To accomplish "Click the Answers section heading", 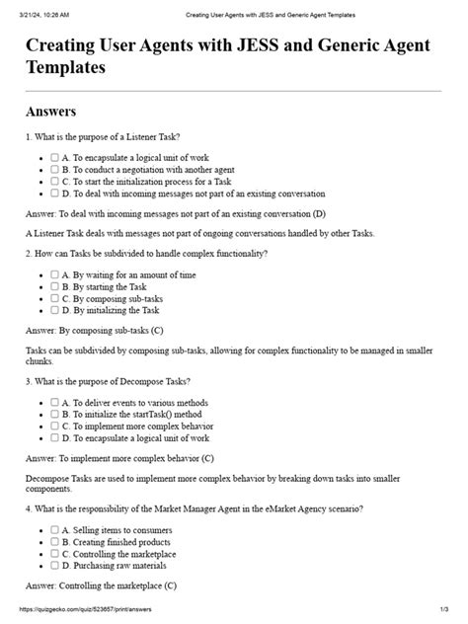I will (51, 111).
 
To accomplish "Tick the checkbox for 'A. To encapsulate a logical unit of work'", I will (54, 156).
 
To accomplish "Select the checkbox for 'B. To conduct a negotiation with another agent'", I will (54, 169).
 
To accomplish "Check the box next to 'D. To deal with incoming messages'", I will (54, 194).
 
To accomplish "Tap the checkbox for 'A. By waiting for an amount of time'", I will (54, 273).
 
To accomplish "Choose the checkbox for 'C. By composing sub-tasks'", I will (54, 298).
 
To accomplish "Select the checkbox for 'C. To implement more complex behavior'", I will (54, 427).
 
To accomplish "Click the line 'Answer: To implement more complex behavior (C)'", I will (119, 459).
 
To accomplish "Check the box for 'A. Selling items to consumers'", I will (54, 530).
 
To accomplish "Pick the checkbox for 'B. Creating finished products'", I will (54, 542).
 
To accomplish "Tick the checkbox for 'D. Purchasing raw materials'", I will (54, 567).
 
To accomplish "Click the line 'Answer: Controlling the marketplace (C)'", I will (101, 586).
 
